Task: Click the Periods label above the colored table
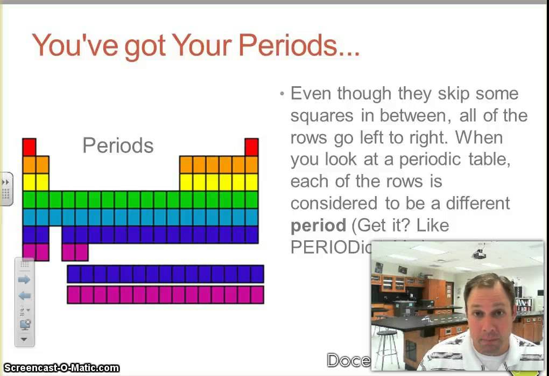[x=118, y=145]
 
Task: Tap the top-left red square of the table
[x=29, y=147]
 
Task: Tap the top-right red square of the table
[x=251, y=147]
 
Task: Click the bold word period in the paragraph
[x=318, y=225]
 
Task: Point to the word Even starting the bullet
[x=311, y=93]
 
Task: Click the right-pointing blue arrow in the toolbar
[x=24, y=280]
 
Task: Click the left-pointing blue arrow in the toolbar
[x=24, y=296]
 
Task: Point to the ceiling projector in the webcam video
[x=479, y=253]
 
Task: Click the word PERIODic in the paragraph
[x=328, y=247]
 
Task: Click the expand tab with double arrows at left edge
[x=6, y=189]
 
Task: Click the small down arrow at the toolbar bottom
[x=24, y=339]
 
